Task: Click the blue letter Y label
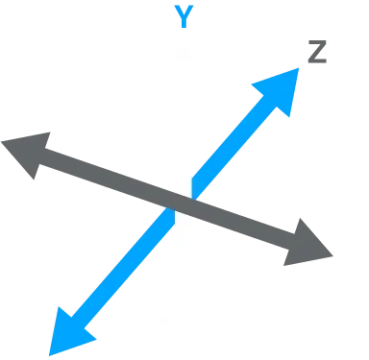(x=181, y=15)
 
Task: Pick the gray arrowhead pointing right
(x=309, y=246)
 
